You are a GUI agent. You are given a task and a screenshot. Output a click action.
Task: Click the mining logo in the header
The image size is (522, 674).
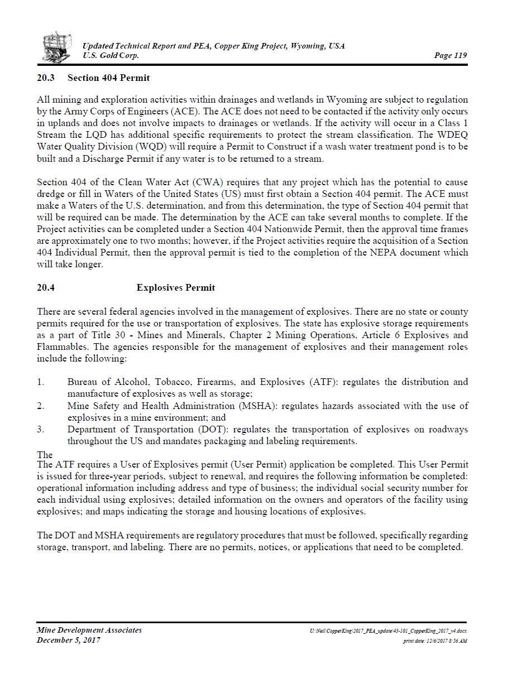click(57, 47)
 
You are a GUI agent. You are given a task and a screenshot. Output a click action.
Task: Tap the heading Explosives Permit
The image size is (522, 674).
click(175, 287)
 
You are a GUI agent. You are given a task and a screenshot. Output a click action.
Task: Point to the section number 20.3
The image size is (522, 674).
click(46, 78)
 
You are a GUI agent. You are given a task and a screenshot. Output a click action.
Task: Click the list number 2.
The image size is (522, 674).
click(40, 406)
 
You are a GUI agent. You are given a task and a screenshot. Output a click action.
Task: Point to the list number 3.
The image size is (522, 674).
click(40, 430)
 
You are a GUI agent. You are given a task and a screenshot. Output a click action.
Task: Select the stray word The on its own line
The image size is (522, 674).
click(45, 455)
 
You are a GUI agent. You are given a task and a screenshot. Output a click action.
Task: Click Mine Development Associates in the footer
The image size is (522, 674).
click(89, 630)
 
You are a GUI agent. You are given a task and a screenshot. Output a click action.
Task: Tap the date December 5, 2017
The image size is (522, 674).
click(69, 640)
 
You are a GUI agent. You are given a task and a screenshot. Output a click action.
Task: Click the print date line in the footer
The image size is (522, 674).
click(435, 641)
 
